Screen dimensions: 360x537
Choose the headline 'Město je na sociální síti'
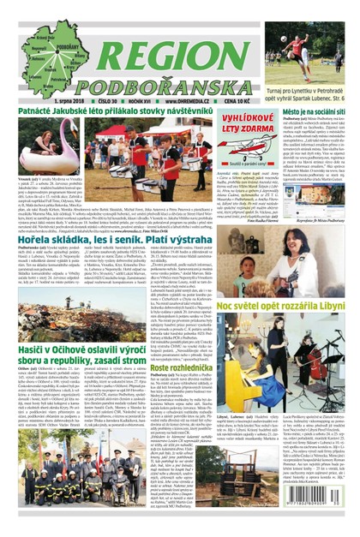pyautogui.click(x=309, y=114)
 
